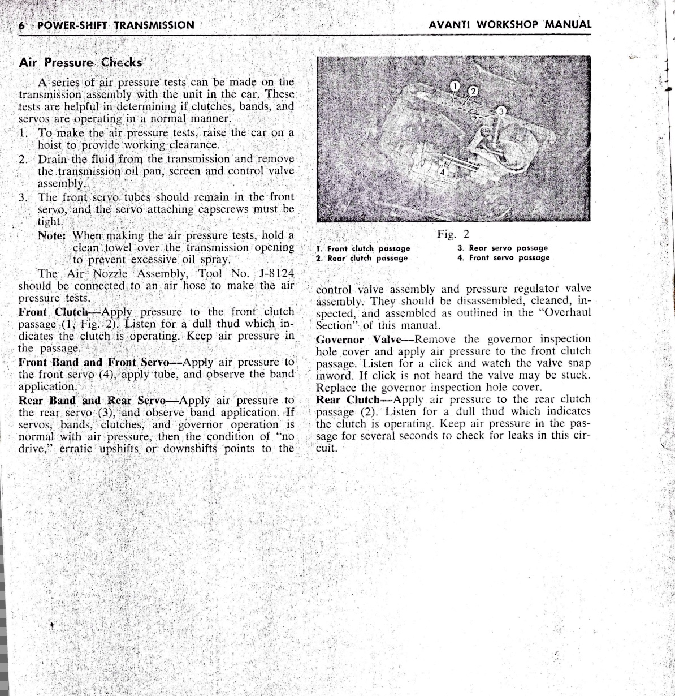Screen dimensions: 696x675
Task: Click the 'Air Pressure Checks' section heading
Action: click(80, 62)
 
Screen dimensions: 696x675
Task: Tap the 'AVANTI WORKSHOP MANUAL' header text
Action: click(510, 25)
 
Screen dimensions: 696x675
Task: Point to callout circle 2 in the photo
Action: click(473, 91)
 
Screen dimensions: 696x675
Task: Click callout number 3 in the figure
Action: click(500, 111)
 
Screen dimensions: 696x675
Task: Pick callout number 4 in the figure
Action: click(443, 171)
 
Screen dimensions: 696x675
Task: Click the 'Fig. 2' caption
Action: click(453, 234)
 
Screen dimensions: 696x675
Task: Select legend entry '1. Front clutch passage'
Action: click(363, 248)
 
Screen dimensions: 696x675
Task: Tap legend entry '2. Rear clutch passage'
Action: click(362, 258)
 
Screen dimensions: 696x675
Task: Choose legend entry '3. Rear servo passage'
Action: click(503, 248)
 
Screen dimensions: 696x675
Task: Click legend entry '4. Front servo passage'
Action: click(503, 257)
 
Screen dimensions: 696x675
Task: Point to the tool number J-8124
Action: click(276, 274)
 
